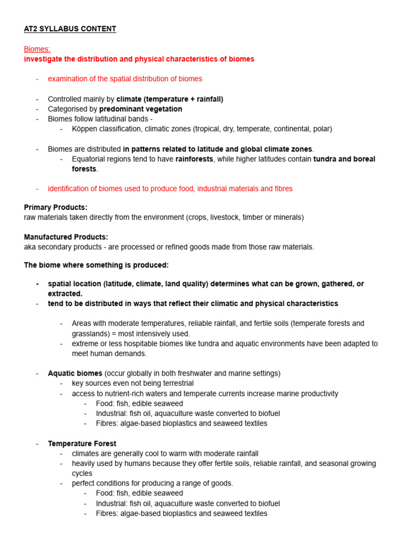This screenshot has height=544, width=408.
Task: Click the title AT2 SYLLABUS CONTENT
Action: pyautogui.click(x=70, y=29)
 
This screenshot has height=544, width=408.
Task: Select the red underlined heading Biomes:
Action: pyautogui.click(x=37, y=49)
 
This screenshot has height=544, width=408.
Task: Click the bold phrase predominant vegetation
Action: pyautogui.click(x=140, y=109)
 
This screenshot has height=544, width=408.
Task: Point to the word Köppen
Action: pyautogui.click(x=84, y=129)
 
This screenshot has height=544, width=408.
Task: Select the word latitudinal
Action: pyautogui.click(x=110, y=119)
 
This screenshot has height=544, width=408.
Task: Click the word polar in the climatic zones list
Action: pyautogui.click(x=321, y=129)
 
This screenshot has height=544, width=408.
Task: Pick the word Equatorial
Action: pyautogui.click(x=90, y=159)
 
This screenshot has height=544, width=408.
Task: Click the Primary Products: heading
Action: pyautogui.click(x=56, y=207)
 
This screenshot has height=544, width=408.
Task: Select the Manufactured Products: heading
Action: pyautogui.click(x=66, y=237)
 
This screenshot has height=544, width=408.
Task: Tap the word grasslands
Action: pyautogui.click(x=91, y=334)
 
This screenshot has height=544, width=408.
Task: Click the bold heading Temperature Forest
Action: pyautogui.click(x=82, y=444)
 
